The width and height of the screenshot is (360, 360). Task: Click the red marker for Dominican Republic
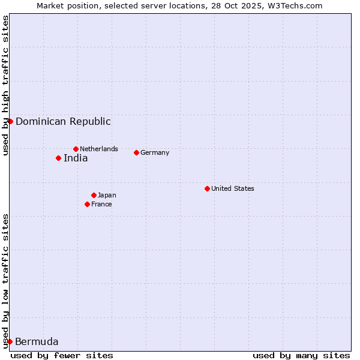click(x=10, y=121)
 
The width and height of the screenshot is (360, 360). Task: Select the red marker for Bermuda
click(x=10, y=341)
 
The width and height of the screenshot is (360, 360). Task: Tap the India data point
click(x=58, y=158)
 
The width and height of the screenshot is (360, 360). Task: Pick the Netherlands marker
click(x=76, y=149)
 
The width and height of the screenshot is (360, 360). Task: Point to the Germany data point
click(x=136, y=152)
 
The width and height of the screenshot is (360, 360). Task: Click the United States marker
click(x=207, y=188)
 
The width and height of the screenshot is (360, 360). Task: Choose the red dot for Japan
click(x=94, y=195)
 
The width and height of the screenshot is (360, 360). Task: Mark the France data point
click(x=87, y=204)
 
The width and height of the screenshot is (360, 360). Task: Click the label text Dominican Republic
click(x=63, y=121)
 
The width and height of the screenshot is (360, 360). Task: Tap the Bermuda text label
click(x=37, y=342)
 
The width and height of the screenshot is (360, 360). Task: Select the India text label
click(x=76, y=158)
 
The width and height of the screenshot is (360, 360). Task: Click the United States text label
click(x=233, y=188)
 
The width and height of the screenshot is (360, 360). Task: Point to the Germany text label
click(x=155, y=152)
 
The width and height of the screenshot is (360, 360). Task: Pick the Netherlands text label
click(x=99, y=149)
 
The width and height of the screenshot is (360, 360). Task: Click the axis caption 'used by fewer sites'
click(x=62, y=355)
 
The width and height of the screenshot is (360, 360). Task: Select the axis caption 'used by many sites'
click(x=301, y=355)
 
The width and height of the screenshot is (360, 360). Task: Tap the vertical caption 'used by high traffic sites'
click(x=5, y=85)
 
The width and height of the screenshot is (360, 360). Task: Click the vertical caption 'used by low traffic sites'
click(x=5, y=281)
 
